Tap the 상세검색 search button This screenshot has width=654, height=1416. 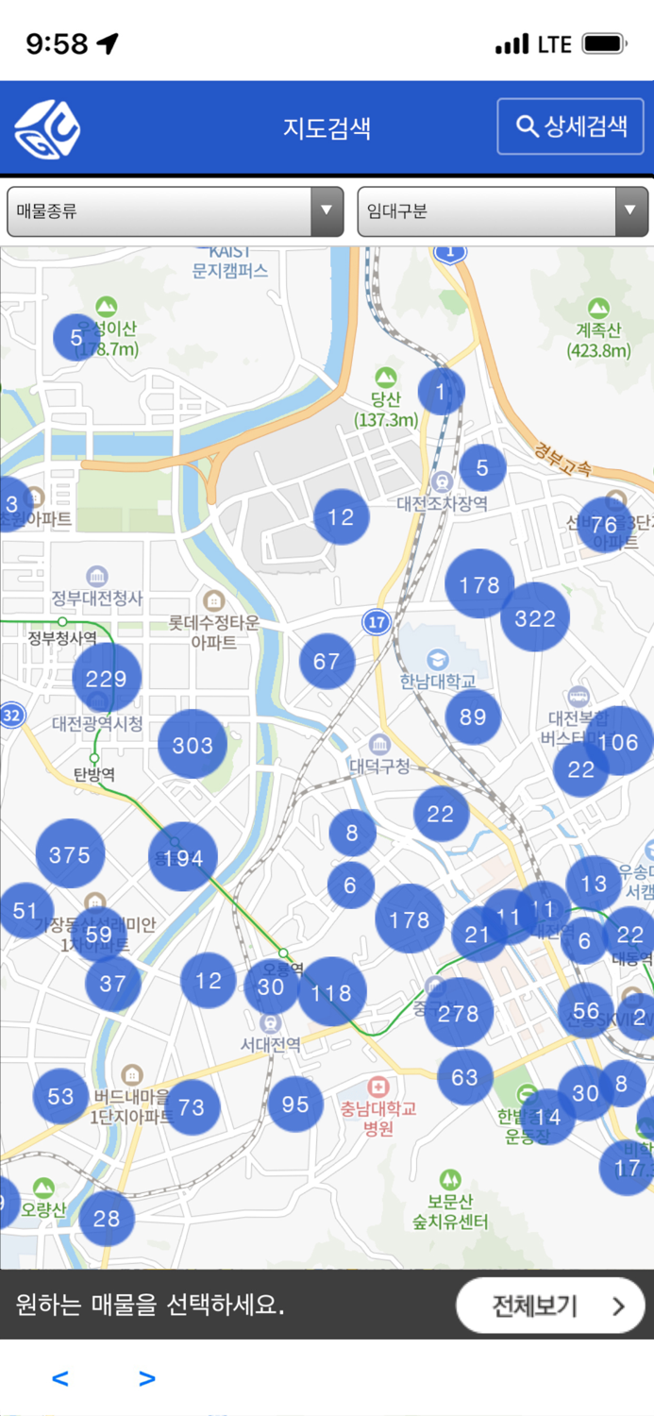571,126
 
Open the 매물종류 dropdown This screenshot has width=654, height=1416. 175,211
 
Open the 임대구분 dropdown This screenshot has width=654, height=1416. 502,211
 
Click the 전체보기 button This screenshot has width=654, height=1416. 550,1306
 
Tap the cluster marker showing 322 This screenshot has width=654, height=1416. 535,617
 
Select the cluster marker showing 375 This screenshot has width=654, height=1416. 70,854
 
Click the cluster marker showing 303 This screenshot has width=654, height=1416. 193,745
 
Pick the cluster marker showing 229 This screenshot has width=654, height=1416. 107,678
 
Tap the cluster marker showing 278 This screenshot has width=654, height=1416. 459,1013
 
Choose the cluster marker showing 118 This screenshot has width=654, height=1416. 331,992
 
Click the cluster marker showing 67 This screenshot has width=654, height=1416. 327,661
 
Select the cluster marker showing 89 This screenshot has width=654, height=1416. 473,716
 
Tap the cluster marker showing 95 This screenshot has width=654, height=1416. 295,1104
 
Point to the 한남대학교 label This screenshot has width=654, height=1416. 438,680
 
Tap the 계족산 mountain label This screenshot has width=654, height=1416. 599,340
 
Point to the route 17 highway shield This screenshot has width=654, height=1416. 377,622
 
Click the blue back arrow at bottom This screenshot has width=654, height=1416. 60,1379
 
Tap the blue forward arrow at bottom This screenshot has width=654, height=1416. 146,1379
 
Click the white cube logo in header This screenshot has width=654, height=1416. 47,128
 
